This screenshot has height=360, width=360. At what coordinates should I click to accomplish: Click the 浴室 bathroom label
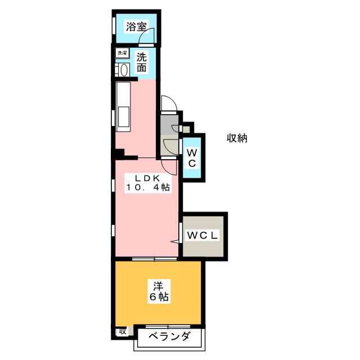tap(136, 26)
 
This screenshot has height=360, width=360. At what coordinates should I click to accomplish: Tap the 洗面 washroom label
tap(142, 62)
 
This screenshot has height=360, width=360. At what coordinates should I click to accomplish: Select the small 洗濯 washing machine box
tap(122, 53)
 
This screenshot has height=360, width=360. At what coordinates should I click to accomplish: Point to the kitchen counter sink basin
tap(123, 118)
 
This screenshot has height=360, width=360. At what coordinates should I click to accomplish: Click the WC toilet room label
tap(191, 158)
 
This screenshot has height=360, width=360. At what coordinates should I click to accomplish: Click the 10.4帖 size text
tap(148, 188)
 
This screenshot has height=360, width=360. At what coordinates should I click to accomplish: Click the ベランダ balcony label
tap(169, 337)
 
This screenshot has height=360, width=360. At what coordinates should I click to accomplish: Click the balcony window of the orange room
tap(167, 326)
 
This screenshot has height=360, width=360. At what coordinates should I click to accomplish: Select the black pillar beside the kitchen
tap(120, 154)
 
